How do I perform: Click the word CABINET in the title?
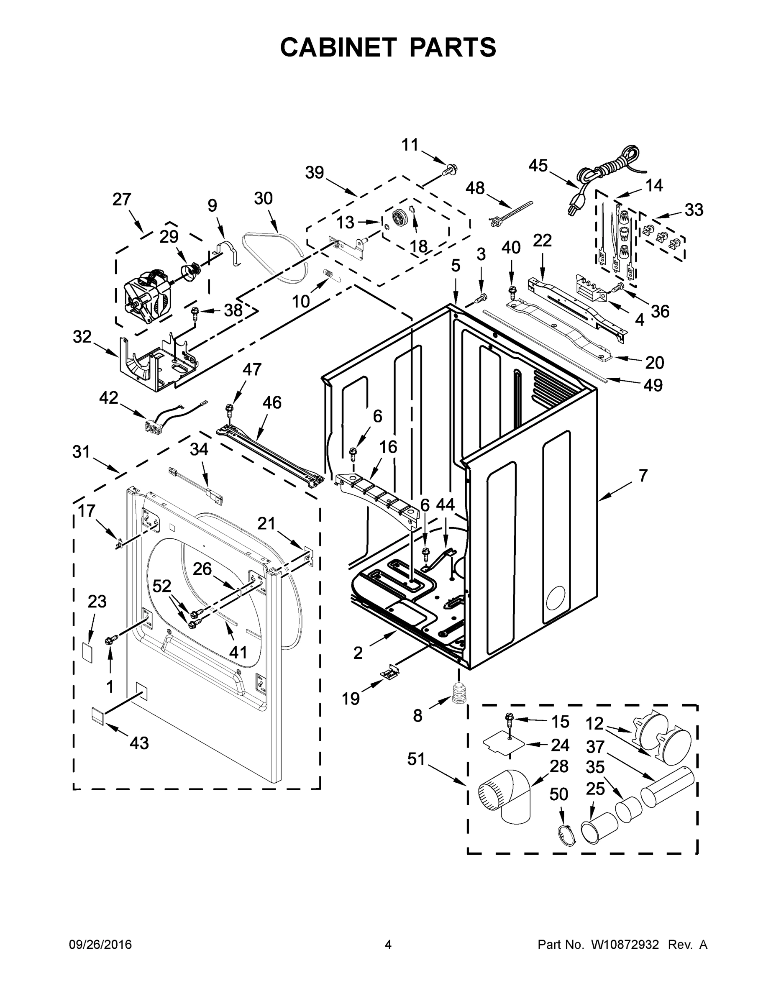338,47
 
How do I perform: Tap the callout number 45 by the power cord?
538,166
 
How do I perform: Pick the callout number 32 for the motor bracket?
82,336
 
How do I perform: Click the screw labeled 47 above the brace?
228,408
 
